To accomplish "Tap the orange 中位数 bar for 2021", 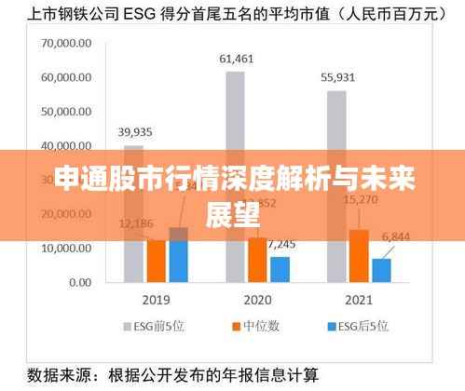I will point(359,255).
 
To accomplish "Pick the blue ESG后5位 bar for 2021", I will point(382,269).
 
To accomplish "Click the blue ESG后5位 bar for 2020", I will point(280,268).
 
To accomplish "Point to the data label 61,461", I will point(236,59).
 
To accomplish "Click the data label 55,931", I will point(336,77).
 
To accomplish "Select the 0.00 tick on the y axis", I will point(80,281).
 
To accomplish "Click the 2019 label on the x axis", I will point(157,302).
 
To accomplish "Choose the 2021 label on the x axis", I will point(359,302).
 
